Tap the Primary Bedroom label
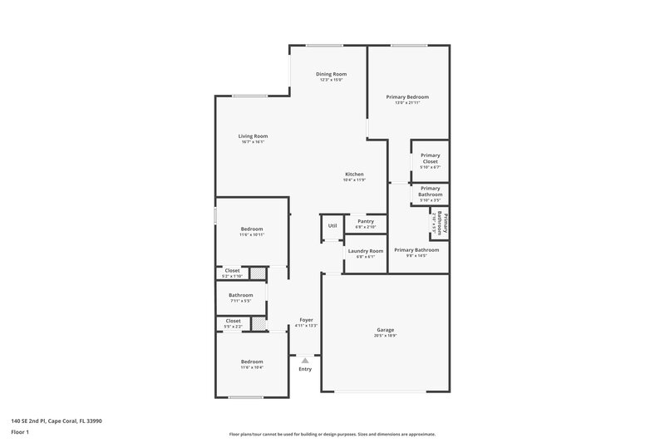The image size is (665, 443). pyautogui.click(x=407, y=97)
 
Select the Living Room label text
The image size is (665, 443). pyautogui.click(x=254, y=136)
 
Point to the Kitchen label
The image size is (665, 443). pyautogui.click(x=354, y=175)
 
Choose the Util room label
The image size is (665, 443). pyautogui.click(x=332, y=225)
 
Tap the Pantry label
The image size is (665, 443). pyautogui.click(x=366, y=222)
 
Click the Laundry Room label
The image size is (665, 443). pyautogui.click(x=366, y=251)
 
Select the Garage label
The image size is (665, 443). pyautogui.click(x=385, y=330)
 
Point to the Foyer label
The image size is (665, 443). pyautogui.click(x=306, y=320)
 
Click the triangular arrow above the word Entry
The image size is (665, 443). pyautogui.click(x=305, y=360)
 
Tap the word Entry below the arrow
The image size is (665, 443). pyautogui.click(x=305, y=369)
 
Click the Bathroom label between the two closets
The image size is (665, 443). pyautogui.click(x=241, y=294)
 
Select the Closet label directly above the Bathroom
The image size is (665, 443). pyautogui.click(x=233, y=270)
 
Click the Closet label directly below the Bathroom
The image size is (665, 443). pyautogui.click(x=233, y=320)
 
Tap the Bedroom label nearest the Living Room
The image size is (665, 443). pyautogui.click(x=252, y=229)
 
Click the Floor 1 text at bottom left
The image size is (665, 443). pyautogui.click(x=20, y=433)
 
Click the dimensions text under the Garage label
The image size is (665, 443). pyautogui.click(x=385, y=336)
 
